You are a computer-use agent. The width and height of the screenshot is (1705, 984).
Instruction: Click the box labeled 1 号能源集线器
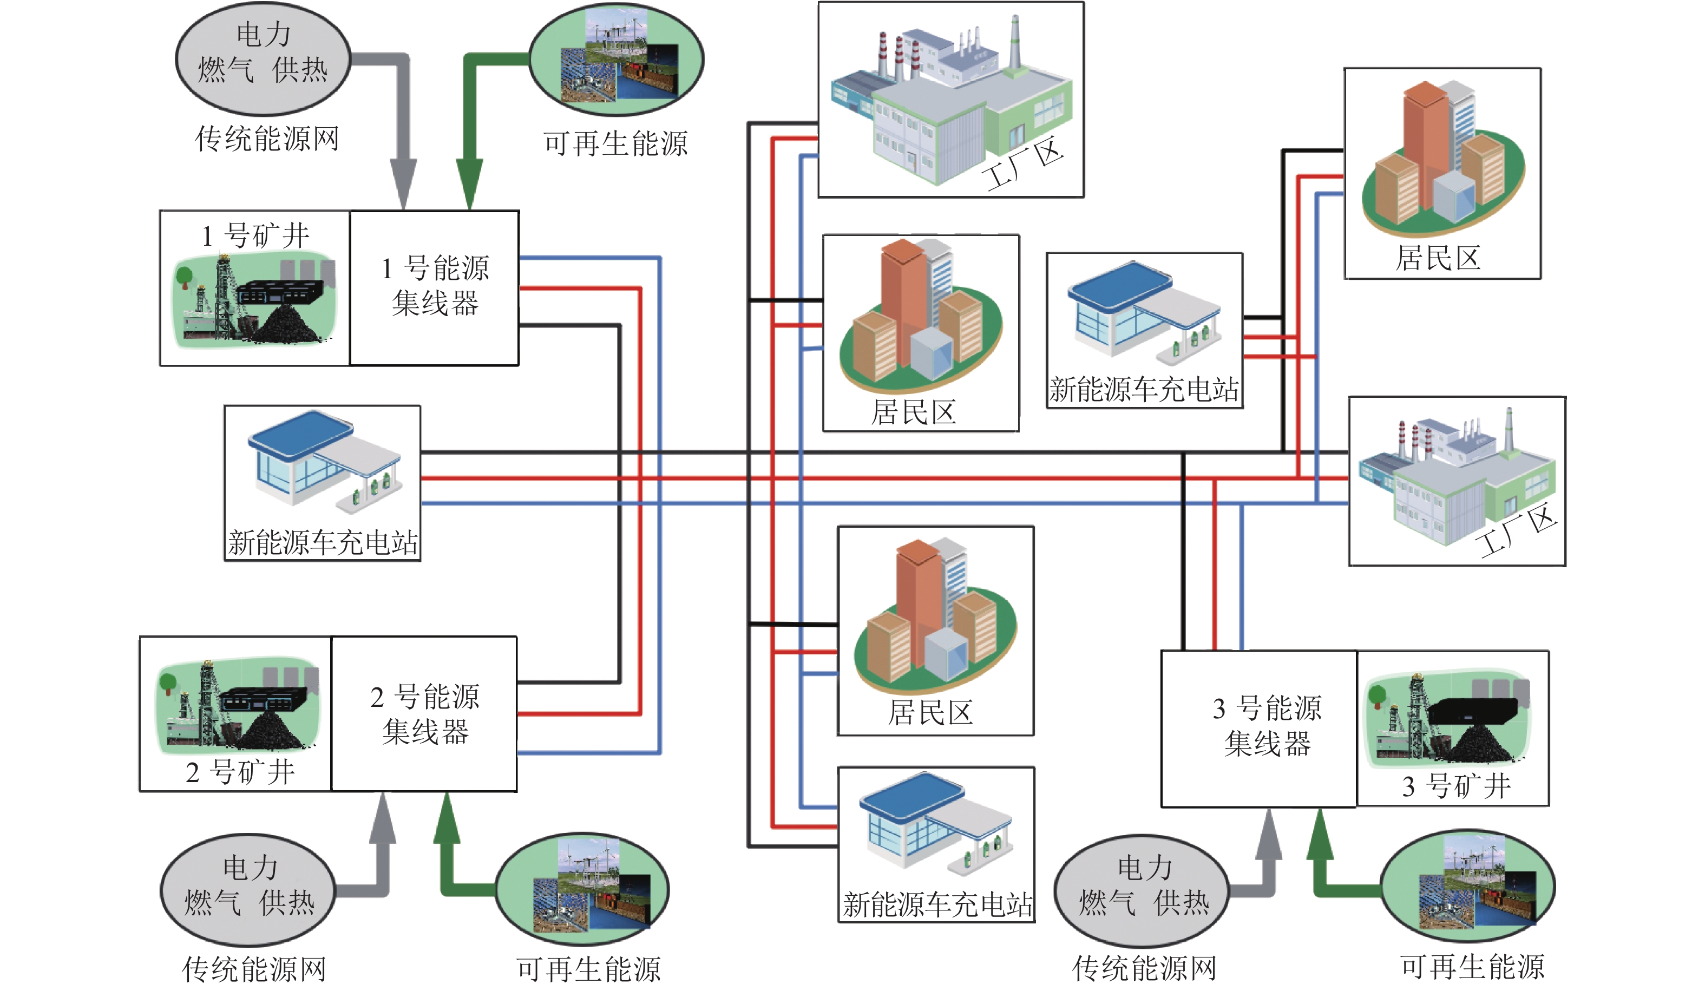point(435,288)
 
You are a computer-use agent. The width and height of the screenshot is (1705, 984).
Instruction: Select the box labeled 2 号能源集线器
point(424,714)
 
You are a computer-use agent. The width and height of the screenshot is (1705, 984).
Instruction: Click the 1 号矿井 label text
point(255,236)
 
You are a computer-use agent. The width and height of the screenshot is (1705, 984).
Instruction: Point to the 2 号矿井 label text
point(240,772)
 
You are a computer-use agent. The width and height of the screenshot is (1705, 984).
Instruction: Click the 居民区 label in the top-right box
point(1438,258)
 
